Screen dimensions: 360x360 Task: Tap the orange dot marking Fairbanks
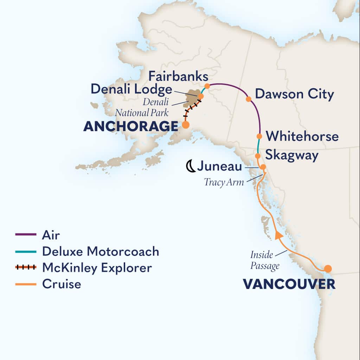[207, 86]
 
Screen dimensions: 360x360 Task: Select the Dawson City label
[294, 94]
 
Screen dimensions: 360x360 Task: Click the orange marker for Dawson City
[249, 99]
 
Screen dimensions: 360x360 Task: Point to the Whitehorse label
[302, 136]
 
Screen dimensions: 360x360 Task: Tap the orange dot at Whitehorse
[259, 136]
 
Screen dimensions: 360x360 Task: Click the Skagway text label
[292, 155]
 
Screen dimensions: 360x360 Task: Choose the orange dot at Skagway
[257, 156]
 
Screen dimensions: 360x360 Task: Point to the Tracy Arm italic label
[224, 183]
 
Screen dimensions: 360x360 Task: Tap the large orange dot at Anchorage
[185, 124]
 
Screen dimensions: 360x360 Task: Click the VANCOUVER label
[289, 284]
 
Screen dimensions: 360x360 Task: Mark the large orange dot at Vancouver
[328, 269]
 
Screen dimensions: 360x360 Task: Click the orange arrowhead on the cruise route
[278, 236]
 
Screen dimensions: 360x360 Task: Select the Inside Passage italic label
[265, 261]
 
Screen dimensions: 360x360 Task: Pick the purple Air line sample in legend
[26, 234]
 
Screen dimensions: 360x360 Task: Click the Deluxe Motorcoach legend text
[101, 251]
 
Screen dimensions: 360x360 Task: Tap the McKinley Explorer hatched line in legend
[26, 268]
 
